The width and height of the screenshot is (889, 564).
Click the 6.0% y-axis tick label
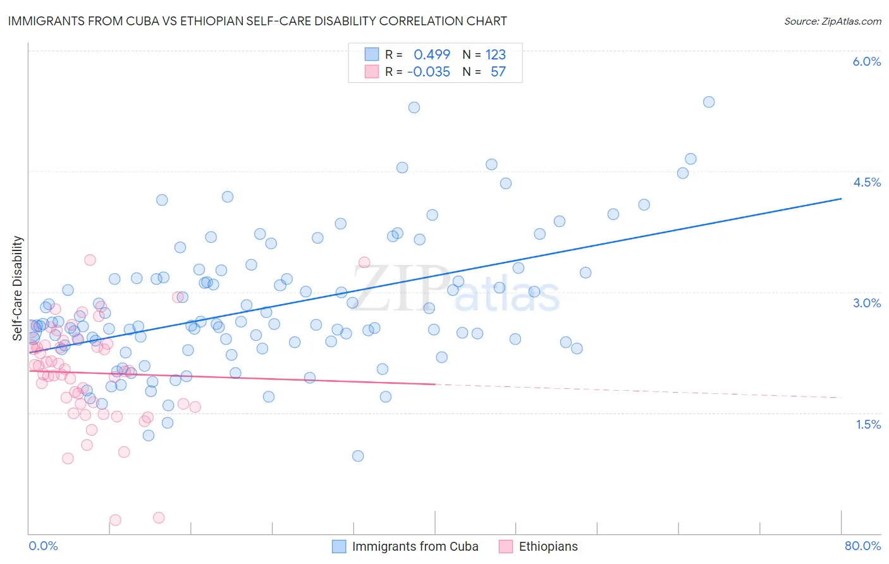click(866, 61)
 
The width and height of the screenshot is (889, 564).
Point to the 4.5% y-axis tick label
click(866, 182)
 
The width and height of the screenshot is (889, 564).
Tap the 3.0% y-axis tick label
click(866, 303)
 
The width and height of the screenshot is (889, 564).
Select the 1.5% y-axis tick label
click(868, 424)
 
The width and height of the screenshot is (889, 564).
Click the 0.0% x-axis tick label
click(43, 546)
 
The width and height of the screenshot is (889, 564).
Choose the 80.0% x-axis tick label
click(862, 546)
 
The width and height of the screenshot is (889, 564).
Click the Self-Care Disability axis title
click(18, 288)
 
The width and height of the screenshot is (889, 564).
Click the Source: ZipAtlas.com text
click(832, 21)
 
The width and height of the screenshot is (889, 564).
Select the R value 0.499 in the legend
click(432, 54)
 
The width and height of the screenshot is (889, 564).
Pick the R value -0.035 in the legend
click(429, 71)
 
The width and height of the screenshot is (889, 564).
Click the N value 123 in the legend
click(496, 54)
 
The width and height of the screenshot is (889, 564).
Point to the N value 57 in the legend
click(498, 71)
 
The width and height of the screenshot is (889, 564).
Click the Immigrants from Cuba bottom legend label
click(415, 546)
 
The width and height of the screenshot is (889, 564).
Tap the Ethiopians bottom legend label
click(548, 546)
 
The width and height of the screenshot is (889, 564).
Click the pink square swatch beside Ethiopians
click(506, 546)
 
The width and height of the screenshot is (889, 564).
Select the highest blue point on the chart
click(709, 102)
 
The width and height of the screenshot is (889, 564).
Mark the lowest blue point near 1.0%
click(358, 456)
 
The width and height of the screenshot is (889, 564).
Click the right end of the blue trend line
click(841, 199)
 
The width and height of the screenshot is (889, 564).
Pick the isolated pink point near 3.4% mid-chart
click(364, 262)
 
